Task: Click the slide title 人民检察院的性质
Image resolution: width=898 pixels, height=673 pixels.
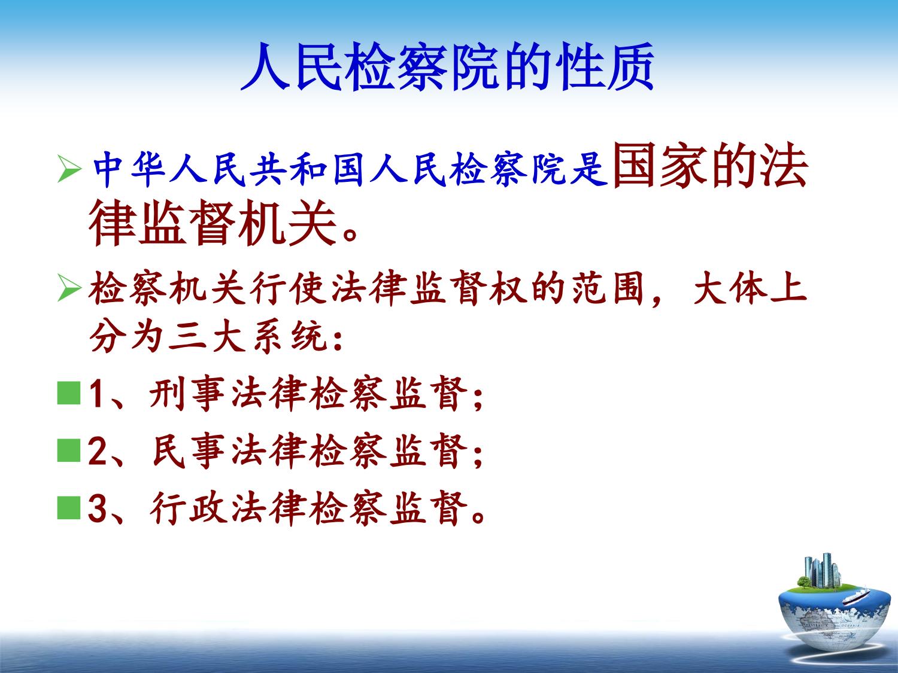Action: pos(447,66)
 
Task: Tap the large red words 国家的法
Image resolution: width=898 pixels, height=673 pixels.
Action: pos(710,166)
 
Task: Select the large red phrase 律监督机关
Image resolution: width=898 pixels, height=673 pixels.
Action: pos(213,223)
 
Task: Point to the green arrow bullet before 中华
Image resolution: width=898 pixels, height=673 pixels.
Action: pos(69,169)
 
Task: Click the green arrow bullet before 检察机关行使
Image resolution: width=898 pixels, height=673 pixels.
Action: pos(69,288)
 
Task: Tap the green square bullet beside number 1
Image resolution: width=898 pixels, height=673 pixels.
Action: pos(68,393)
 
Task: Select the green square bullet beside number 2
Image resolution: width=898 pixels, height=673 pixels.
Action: pos(68,450)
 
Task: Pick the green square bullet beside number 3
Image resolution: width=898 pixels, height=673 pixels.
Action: pos(68,508)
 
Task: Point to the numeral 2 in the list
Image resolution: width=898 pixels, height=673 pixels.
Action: pos(98,451)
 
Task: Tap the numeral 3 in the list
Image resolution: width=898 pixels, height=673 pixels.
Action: pos(98,508)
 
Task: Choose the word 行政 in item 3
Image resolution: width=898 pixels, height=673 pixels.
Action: pos(189,508)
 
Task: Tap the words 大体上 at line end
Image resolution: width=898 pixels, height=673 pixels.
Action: pos(750,288)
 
